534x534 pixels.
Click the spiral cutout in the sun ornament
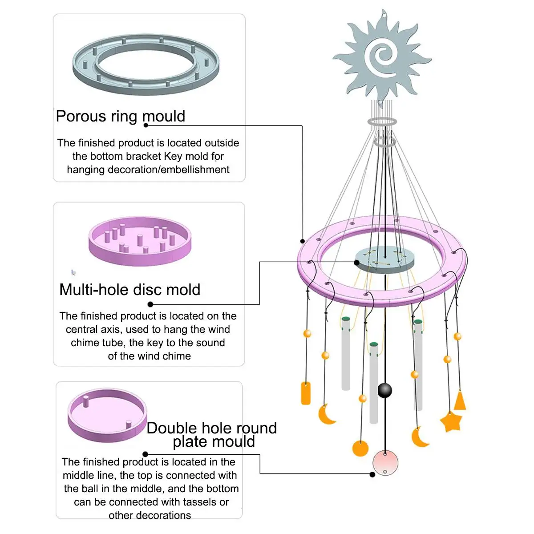(x=382, y=57)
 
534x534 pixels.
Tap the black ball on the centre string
(x=385, y=390)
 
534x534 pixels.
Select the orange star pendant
(x=451, y=421)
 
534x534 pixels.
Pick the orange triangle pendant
(x=460, y=401)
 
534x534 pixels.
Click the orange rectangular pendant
(x=306, y=393)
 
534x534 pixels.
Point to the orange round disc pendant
(x=360, y=448)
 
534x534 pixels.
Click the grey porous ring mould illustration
(x=146, y=65)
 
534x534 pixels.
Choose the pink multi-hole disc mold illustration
(x=140, y=241)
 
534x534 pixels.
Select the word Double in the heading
(x=172, y=428)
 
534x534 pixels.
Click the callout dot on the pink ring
(x=303, y=242)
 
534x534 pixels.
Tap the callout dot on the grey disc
(x=357, y=263)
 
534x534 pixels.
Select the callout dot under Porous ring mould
(x=146, y=125)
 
